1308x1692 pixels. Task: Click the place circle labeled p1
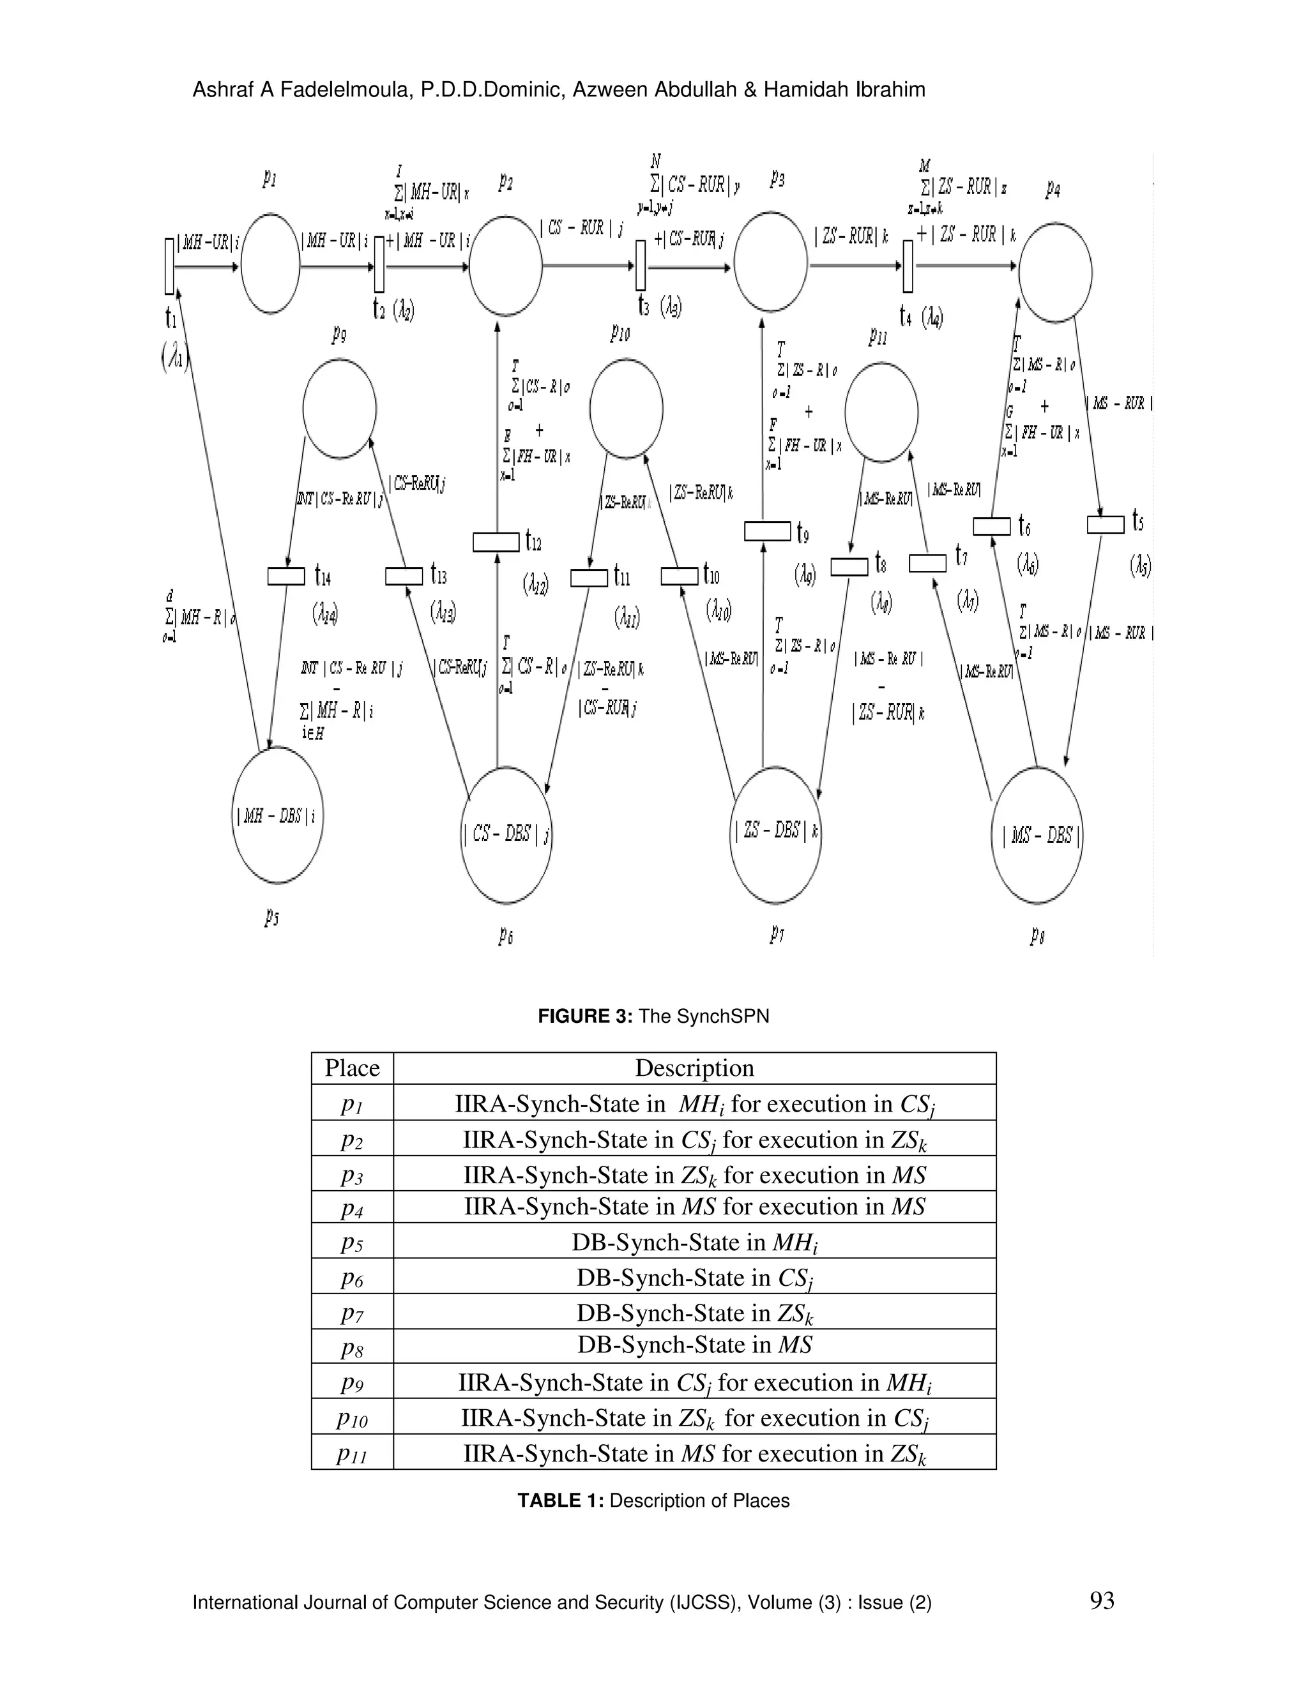[x=270, y=264]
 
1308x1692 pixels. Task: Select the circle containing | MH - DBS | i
[x=277, y=815]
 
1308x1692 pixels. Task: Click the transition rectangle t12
[x=496, y=541]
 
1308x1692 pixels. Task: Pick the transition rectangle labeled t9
[x=767, y=531]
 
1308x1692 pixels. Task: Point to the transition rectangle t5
[x=1105, y=524]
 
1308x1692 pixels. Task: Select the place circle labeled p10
[x=626, y=408]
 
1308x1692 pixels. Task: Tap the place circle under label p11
[x=881, y=412]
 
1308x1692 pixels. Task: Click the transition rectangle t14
[x=286, y=577]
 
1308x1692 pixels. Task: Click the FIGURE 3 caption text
[x=653, y=1016]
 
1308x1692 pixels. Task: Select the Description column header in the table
[x=694, y=1068]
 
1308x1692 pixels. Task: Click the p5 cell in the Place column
[x=352, y=1243]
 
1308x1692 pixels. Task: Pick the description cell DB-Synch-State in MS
[x=694, y=1344]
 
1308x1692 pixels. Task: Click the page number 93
[x=1101, y=1601]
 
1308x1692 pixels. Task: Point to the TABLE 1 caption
[x=653, y=1500]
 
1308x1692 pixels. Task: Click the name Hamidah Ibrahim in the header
[x=844, y=90]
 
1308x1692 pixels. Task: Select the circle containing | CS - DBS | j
[x=506, y=835]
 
